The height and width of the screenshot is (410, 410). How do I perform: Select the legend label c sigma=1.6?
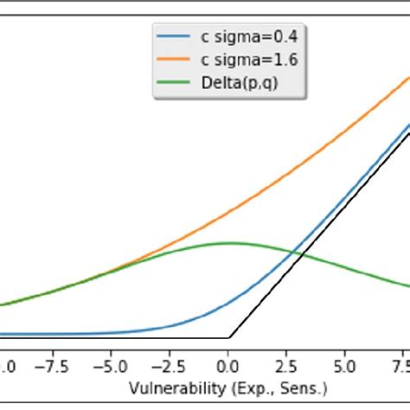click(250, 61)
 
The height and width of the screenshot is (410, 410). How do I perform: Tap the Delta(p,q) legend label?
click(240, 83)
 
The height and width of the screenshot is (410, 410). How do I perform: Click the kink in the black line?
click(229, 337)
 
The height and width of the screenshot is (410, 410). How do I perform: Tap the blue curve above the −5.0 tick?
click(112, 333)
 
